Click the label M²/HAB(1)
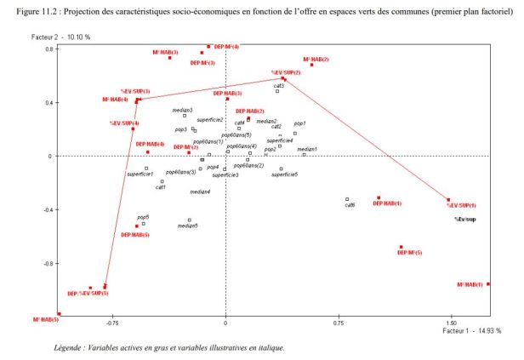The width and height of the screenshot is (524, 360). (470, 285)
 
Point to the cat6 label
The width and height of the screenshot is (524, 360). (349, 206)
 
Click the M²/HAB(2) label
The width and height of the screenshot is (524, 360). (316, 59)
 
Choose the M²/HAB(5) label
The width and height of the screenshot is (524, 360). (46, 319)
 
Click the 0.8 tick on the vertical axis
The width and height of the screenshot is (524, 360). (49, 49)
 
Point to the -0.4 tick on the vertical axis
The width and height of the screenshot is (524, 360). (48, 209)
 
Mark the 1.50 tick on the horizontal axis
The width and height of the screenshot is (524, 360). (450, 323)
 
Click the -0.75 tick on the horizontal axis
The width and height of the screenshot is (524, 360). (112, 323)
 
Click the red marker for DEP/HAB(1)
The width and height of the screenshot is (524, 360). (379, 198)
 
